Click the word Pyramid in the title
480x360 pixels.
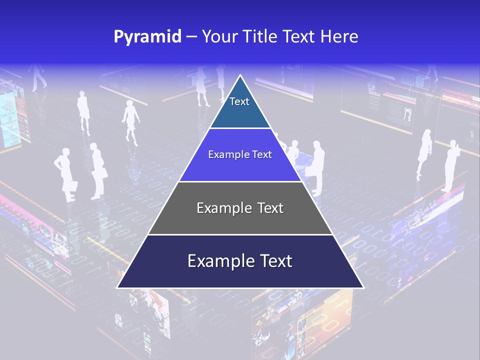click(x=147, y=36)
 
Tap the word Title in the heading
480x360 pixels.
click(x=262, y=36)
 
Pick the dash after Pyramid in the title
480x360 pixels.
click(x=191, y=37)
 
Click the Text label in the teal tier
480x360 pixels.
click(x=239, y=101)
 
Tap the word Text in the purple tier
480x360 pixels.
click(x=262, y=154)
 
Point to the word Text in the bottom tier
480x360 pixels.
click(x=274, y=261)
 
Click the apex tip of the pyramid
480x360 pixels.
click(x=240, y=75)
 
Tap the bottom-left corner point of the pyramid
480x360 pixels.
click(x=117, y=287)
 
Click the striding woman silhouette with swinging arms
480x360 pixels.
click(x=131, y=120)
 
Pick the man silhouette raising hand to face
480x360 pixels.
click(x=451, y=165)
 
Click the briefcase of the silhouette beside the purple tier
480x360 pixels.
click(x=311, y=170)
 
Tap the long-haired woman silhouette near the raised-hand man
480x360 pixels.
click(x=424, y=152)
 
